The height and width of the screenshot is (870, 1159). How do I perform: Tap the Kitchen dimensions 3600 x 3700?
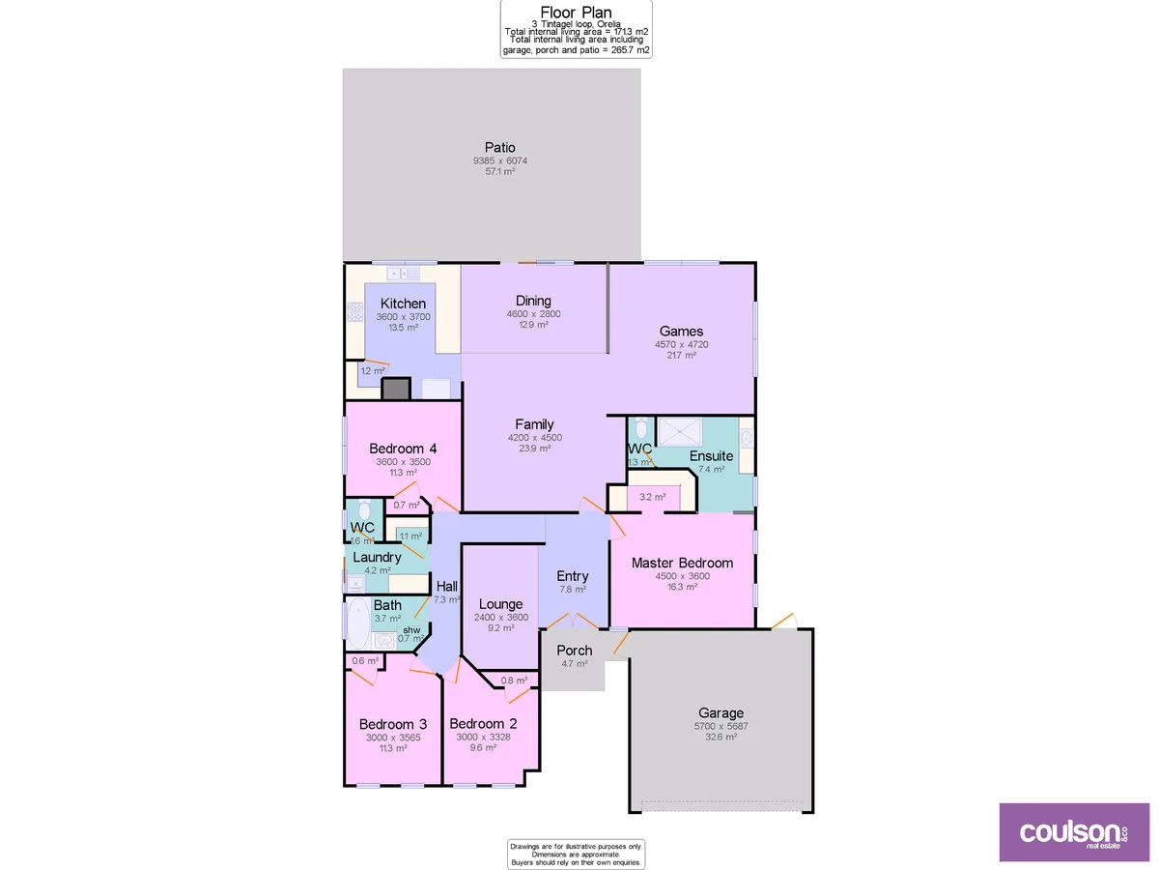(x=403, y=316)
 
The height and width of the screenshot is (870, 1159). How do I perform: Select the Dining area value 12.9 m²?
(x=533, y=325)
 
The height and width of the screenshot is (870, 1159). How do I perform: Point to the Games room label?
(x=682, y=332)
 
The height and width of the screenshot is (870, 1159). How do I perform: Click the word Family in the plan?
(x=534, y=424)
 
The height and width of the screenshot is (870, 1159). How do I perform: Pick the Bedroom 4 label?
(x=403, y=449)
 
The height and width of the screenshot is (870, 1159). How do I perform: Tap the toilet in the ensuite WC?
(x=642, y=428)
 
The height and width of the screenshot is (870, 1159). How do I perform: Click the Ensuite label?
(x=711, y=456)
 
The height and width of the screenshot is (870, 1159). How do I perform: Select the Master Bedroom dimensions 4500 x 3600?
(x=682, y=576)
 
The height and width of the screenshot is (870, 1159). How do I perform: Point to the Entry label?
(x=573, y=576)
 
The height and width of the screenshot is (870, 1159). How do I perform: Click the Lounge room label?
(x=499, y=604)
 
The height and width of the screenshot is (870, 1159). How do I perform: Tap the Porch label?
(x=574, y=651)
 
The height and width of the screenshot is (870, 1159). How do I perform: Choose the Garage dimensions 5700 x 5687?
(x=721, y=725)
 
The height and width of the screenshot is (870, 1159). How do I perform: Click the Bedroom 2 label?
(x=483, y=724)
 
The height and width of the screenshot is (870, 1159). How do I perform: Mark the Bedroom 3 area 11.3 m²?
(x=392, y=747)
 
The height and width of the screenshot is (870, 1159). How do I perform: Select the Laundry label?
(x=377, y=558)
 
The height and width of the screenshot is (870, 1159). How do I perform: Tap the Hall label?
(x=446, y=586)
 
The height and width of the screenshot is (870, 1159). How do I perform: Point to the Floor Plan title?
(x=576, y=13)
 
